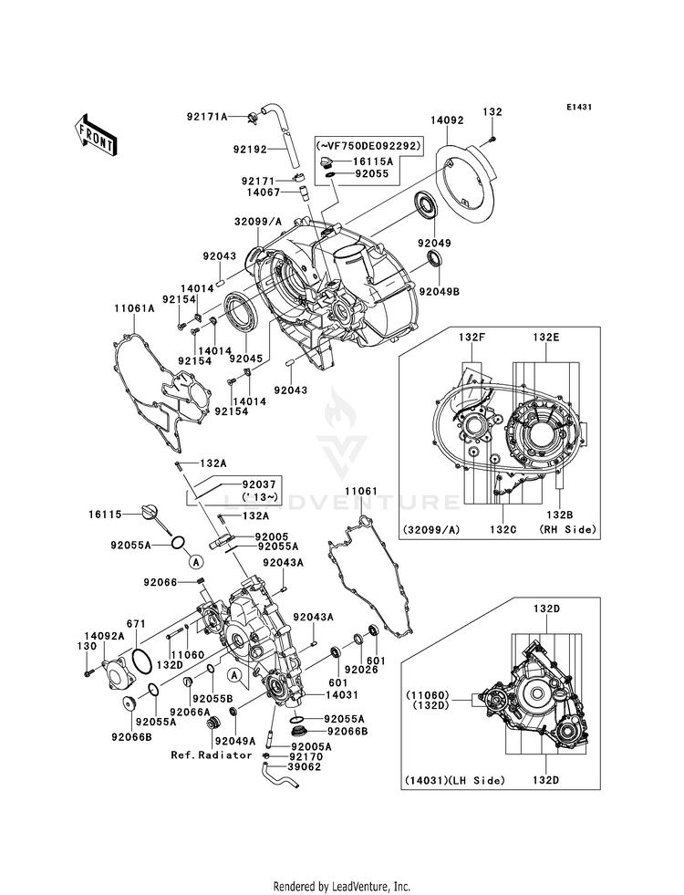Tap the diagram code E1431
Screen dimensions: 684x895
tap(578, 107)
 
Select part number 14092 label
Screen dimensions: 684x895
tap(447, 120)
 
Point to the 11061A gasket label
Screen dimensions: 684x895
tap(134, 308)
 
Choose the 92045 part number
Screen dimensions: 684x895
tap(246, 359)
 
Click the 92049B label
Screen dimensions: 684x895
tap(440, 292)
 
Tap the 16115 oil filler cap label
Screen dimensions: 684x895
tap(105, 515)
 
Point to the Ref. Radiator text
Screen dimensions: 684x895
tap(211, 755)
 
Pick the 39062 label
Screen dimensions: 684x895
tap(306, 766)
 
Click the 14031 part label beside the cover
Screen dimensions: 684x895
tap(342, 694)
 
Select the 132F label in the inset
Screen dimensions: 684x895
tap(472, 338)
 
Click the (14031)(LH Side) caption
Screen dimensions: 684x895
tap(455, 780)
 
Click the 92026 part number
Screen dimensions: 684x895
tap(361, 669)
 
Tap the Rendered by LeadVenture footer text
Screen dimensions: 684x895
tap(342, 887)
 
